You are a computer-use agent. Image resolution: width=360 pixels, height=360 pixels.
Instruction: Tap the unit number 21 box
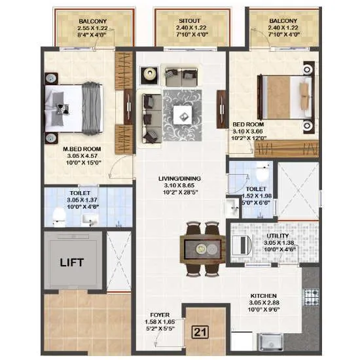pyautogui.click(x=202, y=332)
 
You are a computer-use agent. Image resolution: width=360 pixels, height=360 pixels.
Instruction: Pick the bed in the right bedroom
pyautogui.click(x=285, y=96)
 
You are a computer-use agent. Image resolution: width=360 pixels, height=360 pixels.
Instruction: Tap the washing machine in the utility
pyautogui.click(x=242, y=245)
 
